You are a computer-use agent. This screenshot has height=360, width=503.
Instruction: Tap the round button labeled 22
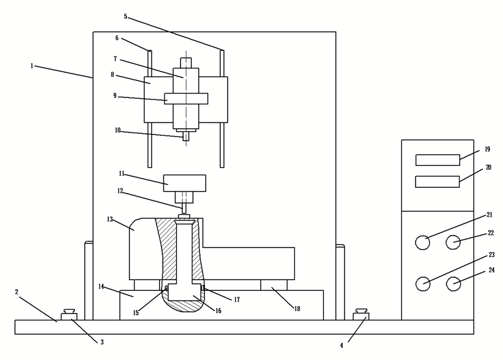tap(453, 242)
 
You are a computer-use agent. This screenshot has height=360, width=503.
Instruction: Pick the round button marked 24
tap(453, 284)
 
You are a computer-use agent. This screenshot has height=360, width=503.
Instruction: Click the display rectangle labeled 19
tap(438, 160)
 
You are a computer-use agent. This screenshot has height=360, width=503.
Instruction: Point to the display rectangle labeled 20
tap(438, 182)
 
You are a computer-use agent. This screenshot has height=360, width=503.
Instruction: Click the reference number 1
tap(31, 65)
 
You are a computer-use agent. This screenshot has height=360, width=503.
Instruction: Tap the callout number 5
tap(125, 16)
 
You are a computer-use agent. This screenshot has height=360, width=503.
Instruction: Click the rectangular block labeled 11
tap(184, 183)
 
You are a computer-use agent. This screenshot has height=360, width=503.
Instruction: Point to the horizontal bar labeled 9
tap(186, 99)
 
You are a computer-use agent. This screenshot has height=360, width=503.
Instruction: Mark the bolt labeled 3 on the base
tap(69, 314)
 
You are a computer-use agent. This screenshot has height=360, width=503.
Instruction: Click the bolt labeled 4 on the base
tap(362, 314)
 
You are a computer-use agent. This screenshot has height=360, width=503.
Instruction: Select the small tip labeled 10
tap(185, 136)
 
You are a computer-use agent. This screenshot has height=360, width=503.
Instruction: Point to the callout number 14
tap(101, 286)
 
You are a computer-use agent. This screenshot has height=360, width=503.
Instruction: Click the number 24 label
tap(491, 271)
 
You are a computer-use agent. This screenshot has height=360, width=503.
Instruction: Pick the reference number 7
tap(115, 58)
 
